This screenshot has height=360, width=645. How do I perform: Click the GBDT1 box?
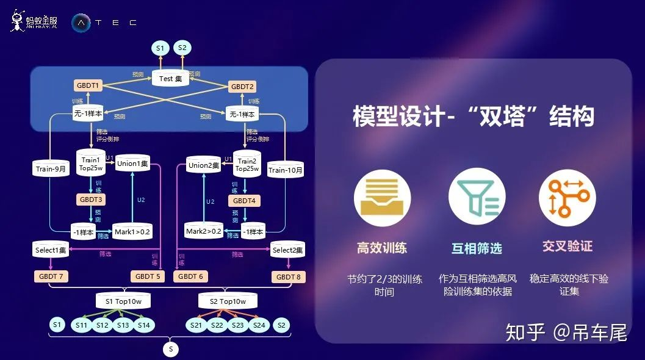coord(88,85)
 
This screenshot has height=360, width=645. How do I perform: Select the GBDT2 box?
coord(242,86)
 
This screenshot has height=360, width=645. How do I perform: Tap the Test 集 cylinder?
coord(170,78)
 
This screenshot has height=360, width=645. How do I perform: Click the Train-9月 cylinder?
coord(51,169)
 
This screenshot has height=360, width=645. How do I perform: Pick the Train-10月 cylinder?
coord(285,170)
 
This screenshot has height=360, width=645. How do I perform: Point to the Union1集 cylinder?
coord(132,163)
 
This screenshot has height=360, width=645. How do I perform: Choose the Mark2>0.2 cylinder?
coord(203,231)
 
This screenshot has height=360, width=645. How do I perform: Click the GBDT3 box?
coord(90,200)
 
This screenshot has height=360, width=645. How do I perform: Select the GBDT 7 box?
coord(51,276)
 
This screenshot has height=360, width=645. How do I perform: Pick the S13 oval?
coord(123,325)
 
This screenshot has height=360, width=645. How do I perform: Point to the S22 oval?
coord(217,325)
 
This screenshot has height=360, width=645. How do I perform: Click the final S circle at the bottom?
coord(171,349)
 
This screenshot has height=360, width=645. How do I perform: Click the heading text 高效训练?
coord(382,248)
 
